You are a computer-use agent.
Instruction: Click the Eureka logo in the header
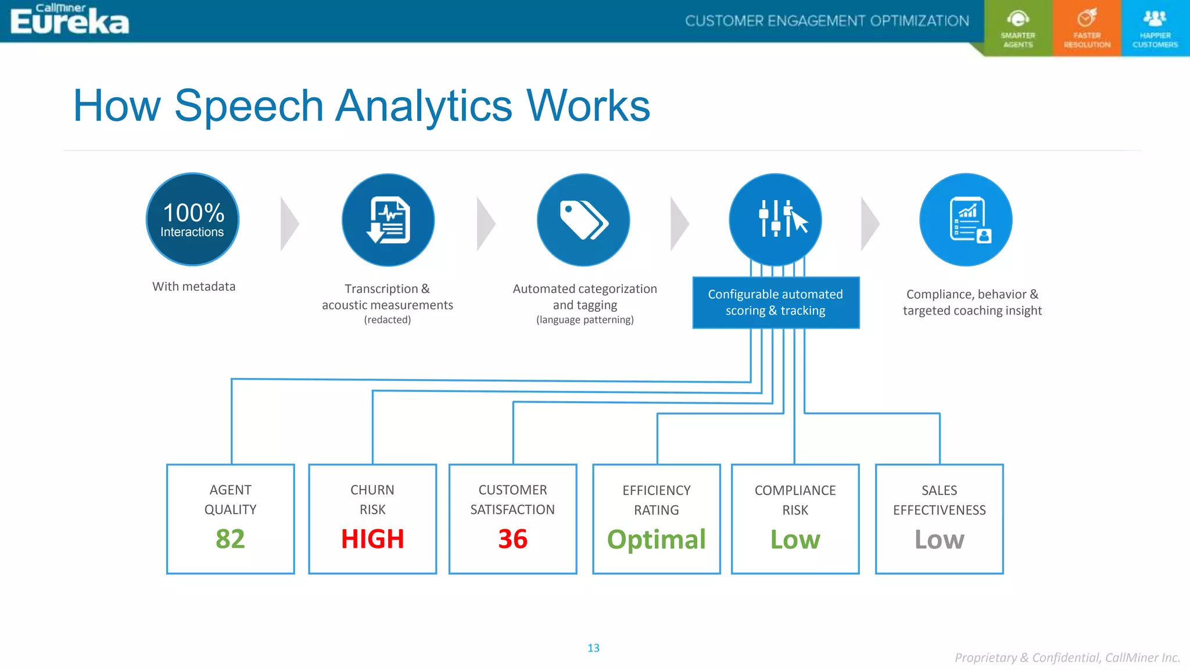pyautogui.click(x=70, y=21)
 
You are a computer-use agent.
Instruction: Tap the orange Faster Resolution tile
pyautogui.click(x=1087, y=28)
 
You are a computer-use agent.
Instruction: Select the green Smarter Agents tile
pyautogui.click(x=1018, y=28)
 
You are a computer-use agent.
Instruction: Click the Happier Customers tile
pyautogui.click(x=1155, y=28)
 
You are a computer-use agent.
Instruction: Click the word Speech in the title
pyautogui.click(x=249, y=106)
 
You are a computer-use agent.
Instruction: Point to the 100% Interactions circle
pyautogui.click(x=192, y=220)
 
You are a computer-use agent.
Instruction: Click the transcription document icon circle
pyautogui.click(x=388, y=220)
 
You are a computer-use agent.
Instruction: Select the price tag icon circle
pyautogui.click(x=583, y=220)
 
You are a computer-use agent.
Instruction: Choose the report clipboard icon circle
pyautogui.click(x=966, y=220)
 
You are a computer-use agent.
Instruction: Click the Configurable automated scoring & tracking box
pyautogui.click(x=775, y=302)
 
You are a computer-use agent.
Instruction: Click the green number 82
pyautogui.click(x=230, y=539)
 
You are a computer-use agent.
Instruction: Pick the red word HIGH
pyautogui.click(x=372, y=539)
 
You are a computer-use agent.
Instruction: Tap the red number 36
pyautogui.click(x=512, y=539)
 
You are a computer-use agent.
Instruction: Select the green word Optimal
pyautogui.click(x=657, y=539)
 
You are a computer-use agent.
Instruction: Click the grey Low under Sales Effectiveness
pyautogui.click(x=939, y=539)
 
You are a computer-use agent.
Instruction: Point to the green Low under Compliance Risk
pyautogui.click(x=795, y=539)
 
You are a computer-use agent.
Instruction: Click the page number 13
pyautogui.click(x=593, y=648)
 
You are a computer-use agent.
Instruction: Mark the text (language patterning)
pyautogui.click(x=585, y=320)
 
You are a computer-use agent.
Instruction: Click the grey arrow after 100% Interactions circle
pyautogui.click(x=289, y=224)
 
